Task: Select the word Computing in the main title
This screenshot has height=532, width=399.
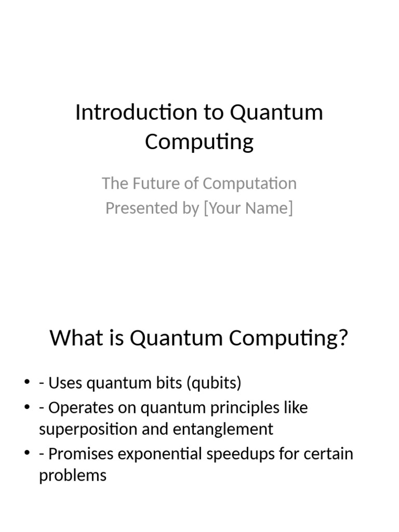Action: pos(199,142)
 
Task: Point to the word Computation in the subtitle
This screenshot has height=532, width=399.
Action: pos(249,183)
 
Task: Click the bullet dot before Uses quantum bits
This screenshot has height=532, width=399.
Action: pos(27,383)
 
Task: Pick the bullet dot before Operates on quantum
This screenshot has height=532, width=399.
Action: pos(27,408)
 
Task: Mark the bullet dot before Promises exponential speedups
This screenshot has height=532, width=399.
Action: pos(27,454)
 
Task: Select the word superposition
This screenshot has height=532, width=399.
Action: pos(85,430)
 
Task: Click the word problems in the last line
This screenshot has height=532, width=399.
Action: pos(73,475)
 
